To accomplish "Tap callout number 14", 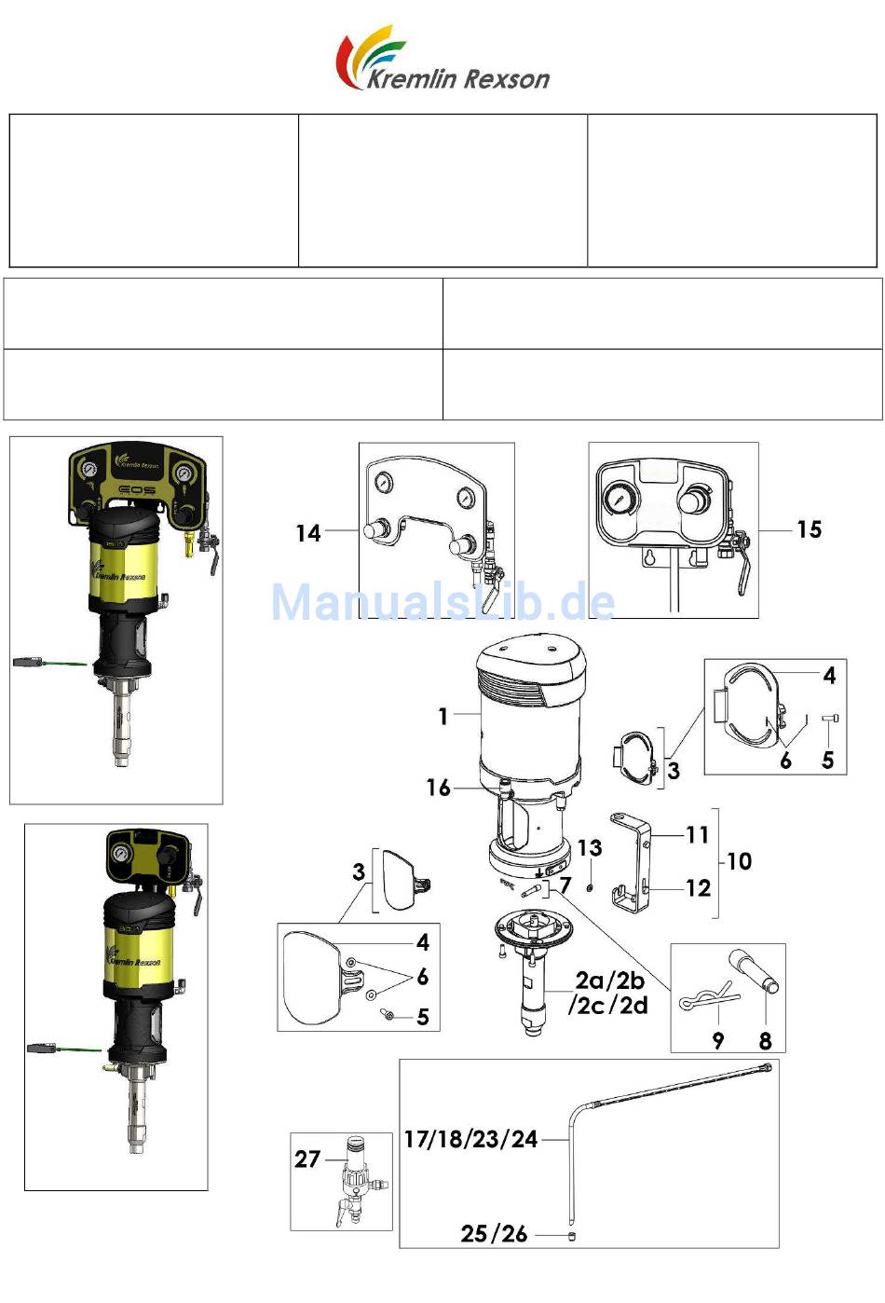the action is tap(308, 533).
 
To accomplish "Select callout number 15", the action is tap(809, 529).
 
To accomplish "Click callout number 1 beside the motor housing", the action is tap(443, 716).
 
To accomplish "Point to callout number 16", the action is tap(439, 788).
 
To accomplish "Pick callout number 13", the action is tap(590, 847).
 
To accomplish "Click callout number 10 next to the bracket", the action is tap(739, 861).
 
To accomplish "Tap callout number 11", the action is tap(697, 835).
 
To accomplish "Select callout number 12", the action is tap(699, 888).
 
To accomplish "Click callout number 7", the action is tap(565, 885).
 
